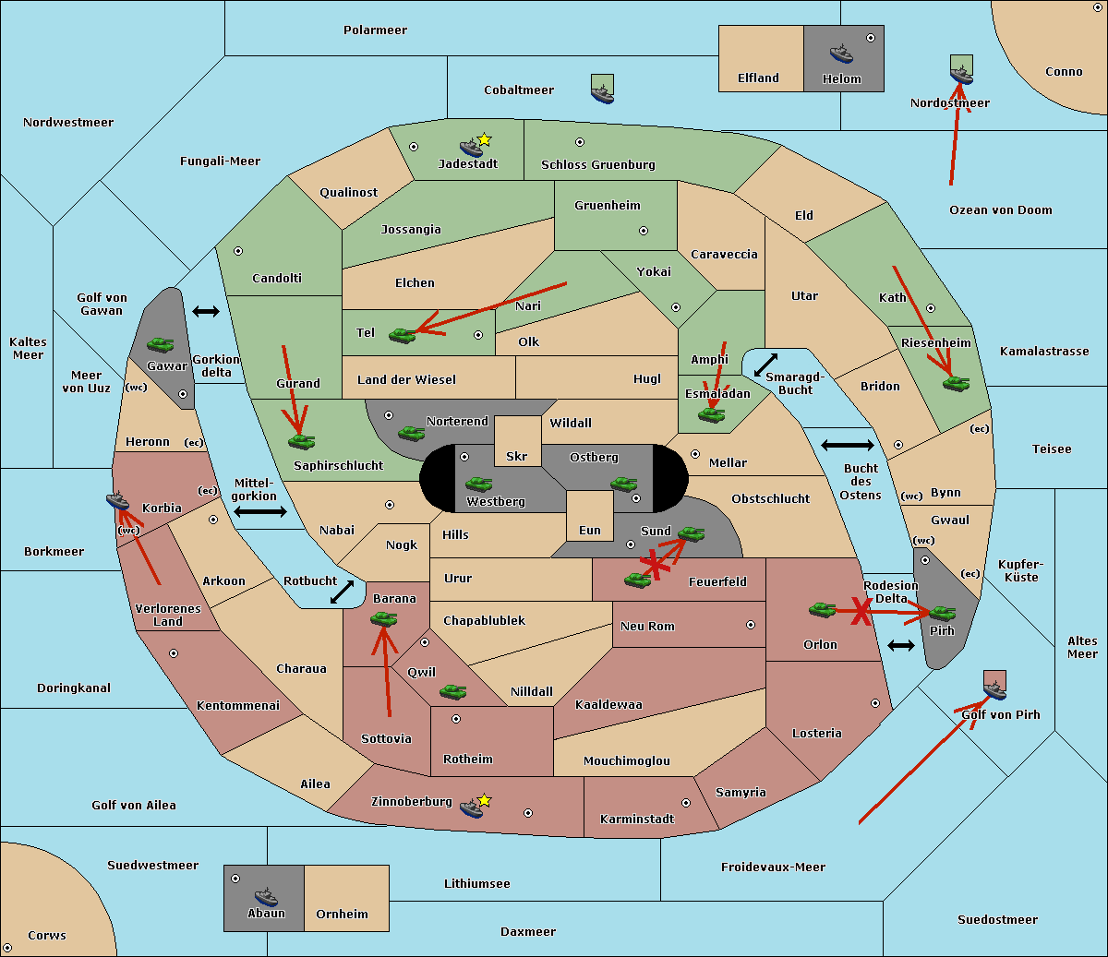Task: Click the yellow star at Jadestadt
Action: [484, 139]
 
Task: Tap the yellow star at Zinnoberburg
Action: [484, 800]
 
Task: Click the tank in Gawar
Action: [161, 344]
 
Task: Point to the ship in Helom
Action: [841, 53]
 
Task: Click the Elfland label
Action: [758, 78]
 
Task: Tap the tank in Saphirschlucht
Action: [301, 441]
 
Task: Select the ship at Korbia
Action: [118, 500]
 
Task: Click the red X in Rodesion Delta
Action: [861, 612]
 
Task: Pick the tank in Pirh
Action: [942, 613]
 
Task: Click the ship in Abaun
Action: [266, 896]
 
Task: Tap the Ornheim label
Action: [342, 914]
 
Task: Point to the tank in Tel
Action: [403, 335]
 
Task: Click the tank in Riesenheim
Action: [957, 383]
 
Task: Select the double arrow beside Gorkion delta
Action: [206, 311]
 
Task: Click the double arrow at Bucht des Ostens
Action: [847, 446]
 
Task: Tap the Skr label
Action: [517, 456]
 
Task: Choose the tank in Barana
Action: [383, 619]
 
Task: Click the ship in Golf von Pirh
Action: [994, 688]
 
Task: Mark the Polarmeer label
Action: [375, 30]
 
